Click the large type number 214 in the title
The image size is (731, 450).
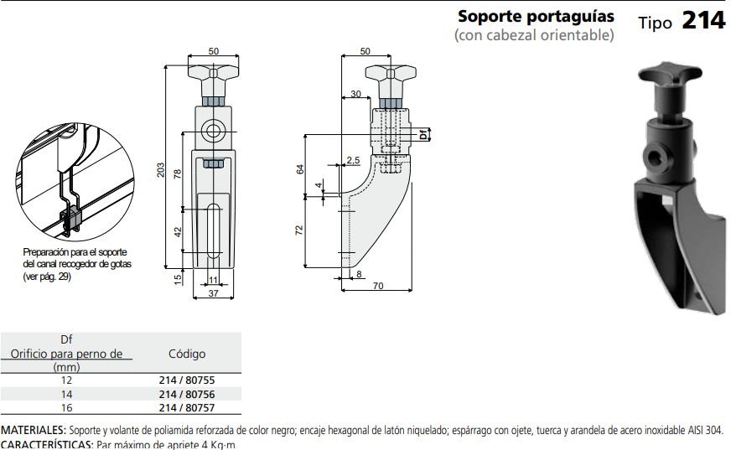(x=702, y=20)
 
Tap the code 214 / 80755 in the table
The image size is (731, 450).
(x=186, y=380)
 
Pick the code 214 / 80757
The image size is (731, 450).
(x=186, y=407)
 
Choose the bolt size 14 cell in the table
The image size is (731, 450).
(x=66, y=394)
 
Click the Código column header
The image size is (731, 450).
(x=186, y=354)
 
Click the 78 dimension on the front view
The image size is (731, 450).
(x=178, y=174)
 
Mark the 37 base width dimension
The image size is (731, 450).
(x=213, y=293)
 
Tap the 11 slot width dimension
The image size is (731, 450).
(x=213, y=279)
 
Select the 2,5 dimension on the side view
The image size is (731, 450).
(x=352, y=159)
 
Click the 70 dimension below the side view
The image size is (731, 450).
(x=377, y=287)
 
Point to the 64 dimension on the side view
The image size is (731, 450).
(x=299, y=168)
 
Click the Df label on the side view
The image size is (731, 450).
(x=424, y=133)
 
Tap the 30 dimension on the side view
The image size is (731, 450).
(x=355, y=94)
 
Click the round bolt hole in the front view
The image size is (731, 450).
(x=213, y=130)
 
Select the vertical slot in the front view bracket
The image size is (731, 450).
(x=213, y=225)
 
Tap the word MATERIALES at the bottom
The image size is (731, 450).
(x=33, y=430)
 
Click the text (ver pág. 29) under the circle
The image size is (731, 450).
(x=47, y=277)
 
